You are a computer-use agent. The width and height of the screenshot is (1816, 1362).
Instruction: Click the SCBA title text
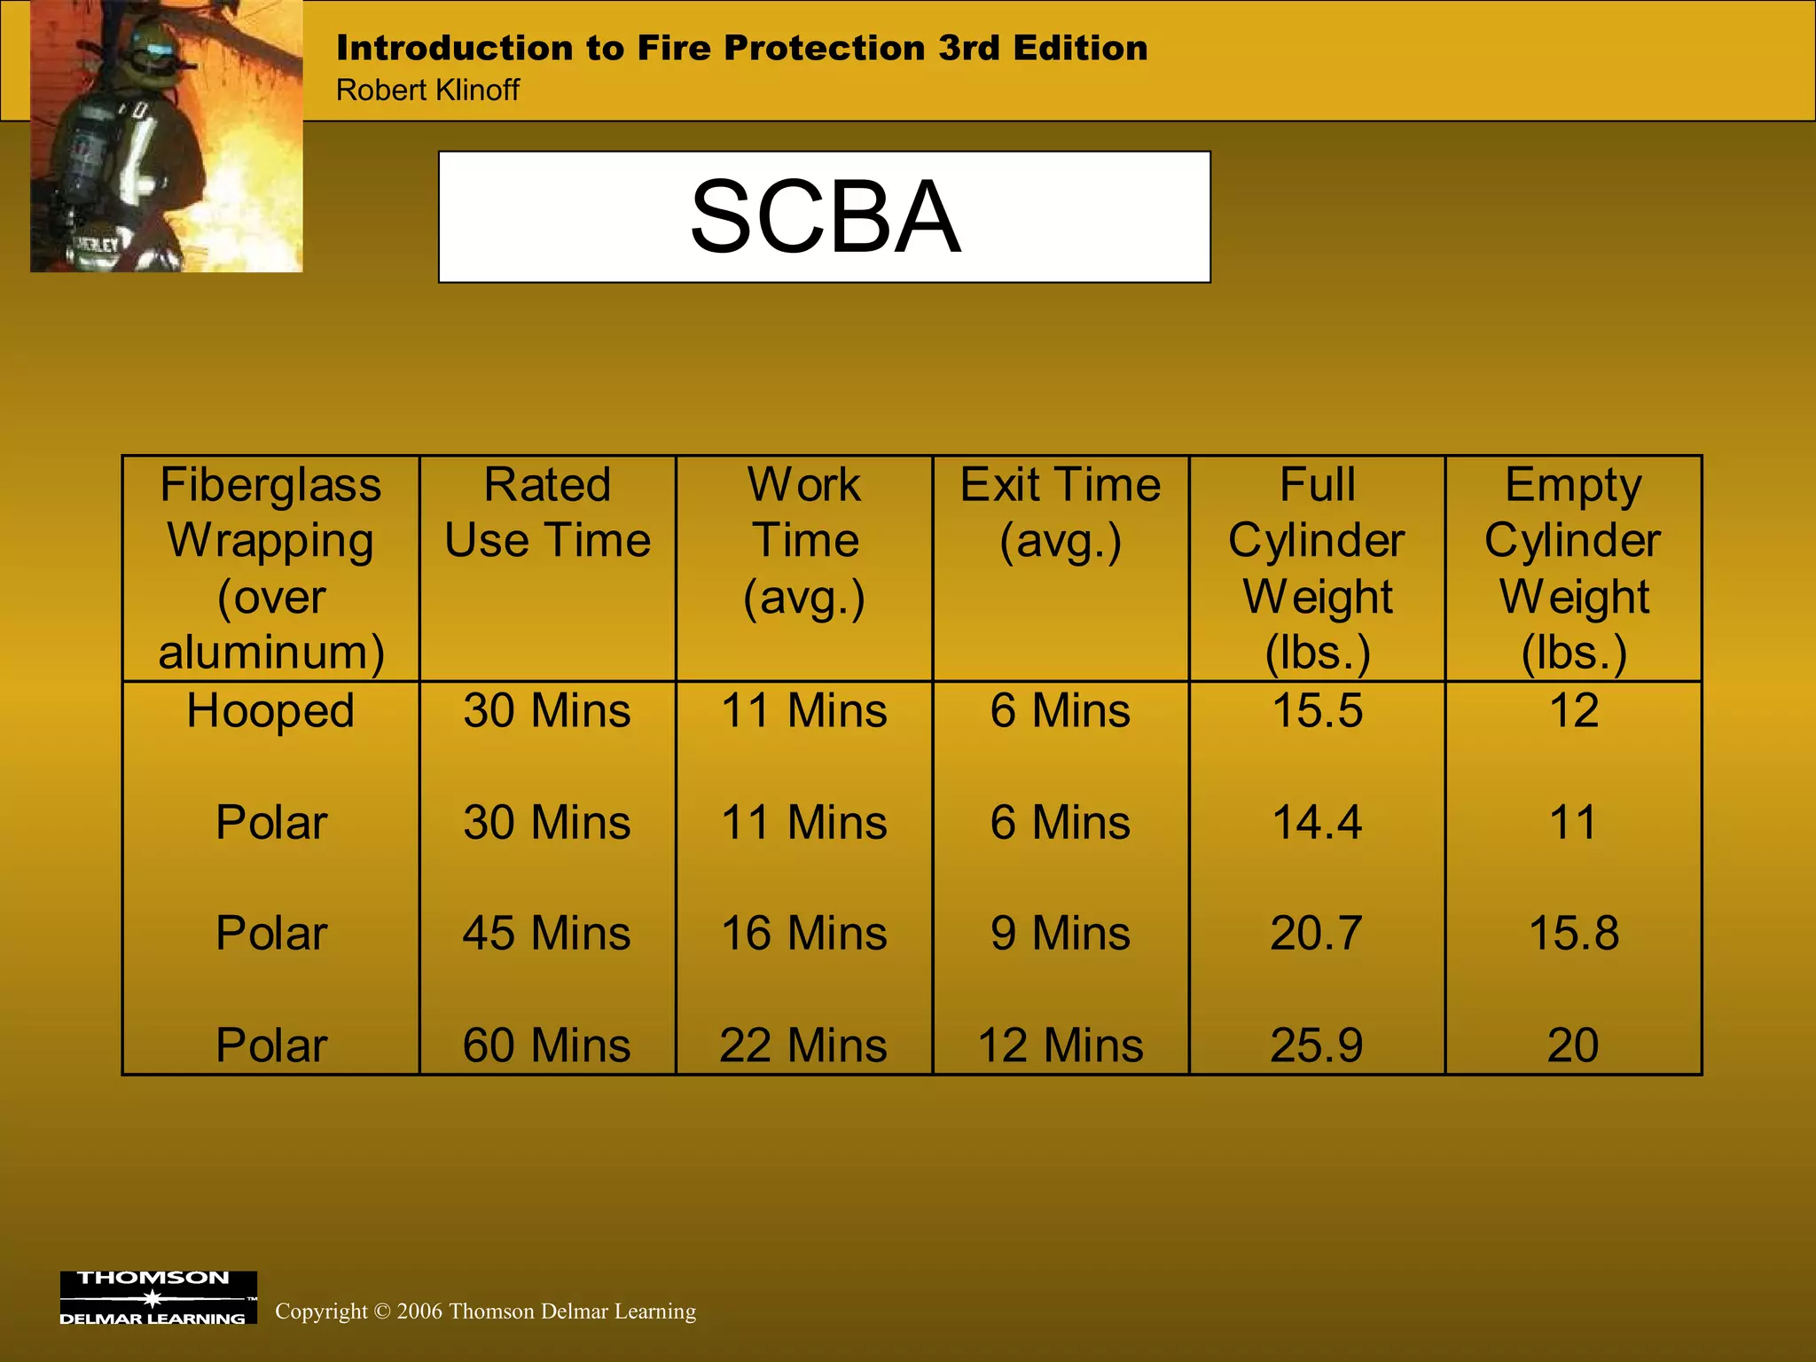click(825, 217)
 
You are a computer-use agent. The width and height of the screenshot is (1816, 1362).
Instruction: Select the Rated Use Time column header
click(547, 513)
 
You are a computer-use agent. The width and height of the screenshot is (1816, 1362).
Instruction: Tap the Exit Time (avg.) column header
click(1061, 513)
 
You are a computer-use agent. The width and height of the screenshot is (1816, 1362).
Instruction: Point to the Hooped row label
click(270, 711)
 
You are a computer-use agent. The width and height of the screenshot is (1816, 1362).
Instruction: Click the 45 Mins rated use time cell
click(547, 934)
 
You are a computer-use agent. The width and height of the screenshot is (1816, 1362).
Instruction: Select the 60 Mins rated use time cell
click(547, 1045)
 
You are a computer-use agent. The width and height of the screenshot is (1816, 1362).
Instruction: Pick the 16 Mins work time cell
click(804, 934)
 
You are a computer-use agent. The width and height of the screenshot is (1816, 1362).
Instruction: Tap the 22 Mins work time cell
click(804, 1045)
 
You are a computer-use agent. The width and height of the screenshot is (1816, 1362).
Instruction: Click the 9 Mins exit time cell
click(1061, 934)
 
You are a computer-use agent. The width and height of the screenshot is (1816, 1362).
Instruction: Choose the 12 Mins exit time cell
click(1061, 1045)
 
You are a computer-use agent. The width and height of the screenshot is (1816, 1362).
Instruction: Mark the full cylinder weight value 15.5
click(1317, 711)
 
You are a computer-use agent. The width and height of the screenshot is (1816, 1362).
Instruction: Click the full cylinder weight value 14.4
click(1317, 823)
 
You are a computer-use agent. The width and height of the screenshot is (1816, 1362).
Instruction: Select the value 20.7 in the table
click(1317, 934)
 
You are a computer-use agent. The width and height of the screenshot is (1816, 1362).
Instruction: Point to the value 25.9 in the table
click(1317, 1045)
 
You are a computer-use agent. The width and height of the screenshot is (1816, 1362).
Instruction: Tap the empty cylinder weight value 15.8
click(1574, 934)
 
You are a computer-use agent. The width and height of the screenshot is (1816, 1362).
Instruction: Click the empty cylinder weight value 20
click(1574, 1045)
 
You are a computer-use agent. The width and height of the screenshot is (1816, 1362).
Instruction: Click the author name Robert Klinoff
click(427, 90)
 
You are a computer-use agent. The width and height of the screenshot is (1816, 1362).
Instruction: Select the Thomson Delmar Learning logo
click(158, 1297)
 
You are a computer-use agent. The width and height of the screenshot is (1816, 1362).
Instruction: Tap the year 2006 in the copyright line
click(419, 1311)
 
